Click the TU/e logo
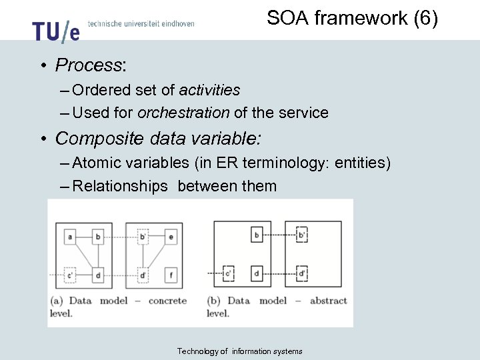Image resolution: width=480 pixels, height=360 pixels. click(56, 29)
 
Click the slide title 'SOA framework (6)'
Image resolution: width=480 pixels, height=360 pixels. click(352, 18)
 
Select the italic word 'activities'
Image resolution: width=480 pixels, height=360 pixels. click(209, 90)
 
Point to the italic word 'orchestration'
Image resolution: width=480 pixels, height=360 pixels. click(183, 113)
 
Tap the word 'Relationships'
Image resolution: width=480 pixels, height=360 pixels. click(120, 186)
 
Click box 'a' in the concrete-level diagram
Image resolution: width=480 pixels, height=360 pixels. click(70, 236)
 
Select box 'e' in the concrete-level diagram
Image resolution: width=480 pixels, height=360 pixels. click(171, 236)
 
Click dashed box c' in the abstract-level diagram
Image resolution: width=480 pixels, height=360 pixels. click(229, 273)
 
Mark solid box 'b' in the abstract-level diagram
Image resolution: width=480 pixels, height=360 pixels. click(257, 235)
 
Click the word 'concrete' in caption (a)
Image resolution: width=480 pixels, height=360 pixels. click(167, 301)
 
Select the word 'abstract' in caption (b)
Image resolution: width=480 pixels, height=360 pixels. click(328, 301)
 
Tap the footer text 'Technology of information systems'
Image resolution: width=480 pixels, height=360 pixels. click(239, 351)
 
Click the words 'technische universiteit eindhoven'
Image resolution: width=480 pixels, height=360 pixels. click(141, 23)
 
